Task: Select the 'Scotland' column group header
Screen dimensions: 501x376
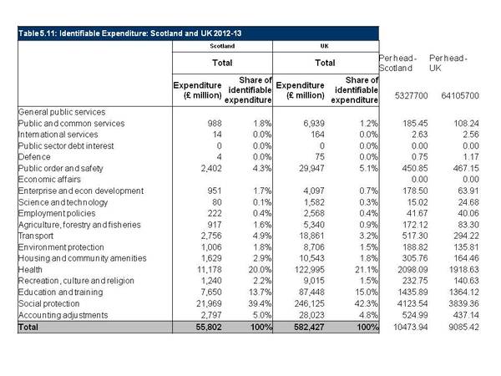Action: coord(222,46)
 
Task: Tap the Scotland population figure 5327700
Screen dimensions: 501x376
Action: coord(411,95)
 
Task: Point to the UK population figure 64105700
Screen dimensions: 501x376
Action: coord(460,95)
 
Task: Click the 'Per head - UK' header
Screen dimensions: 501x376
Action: coord(448,63)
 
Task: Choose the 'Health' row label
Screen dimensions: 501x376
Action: coord(30,270)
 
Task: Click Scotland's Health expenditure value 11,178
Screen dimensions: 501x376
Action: coord(210,270)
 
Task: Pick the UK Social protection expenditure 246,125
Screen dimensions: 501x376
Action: coord(310,303)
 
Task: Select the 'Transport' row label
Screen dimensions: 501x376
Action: coord(36,236)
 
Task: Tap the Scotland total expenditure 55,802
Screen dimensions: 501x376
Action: coord(209,327)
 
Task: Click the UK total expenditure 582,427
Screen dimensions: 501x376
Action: coord(309,327)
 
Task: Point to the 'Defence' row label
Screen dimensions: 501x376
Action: coord(34,157)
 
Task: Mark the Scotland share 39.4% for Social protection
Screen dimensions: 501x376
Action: coord(260,303)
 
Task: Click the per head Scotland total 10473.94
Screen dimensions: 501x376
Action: coord(411,327)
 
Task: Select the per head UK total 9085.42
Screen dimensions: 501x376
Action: coord(464,327)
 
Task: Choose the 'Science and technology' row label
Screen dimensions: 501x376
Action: coord(63,202)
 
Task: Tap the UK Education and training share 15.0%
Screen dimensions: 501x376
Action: coord(367,292)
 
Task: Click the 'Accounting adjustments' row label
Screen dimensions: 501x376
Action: coord(63,315)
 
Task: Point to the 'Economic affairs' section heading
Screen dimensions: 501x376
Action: coord(49,180)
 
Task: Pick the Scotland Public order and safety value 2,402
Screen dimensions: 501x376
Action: coord(211,168)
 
